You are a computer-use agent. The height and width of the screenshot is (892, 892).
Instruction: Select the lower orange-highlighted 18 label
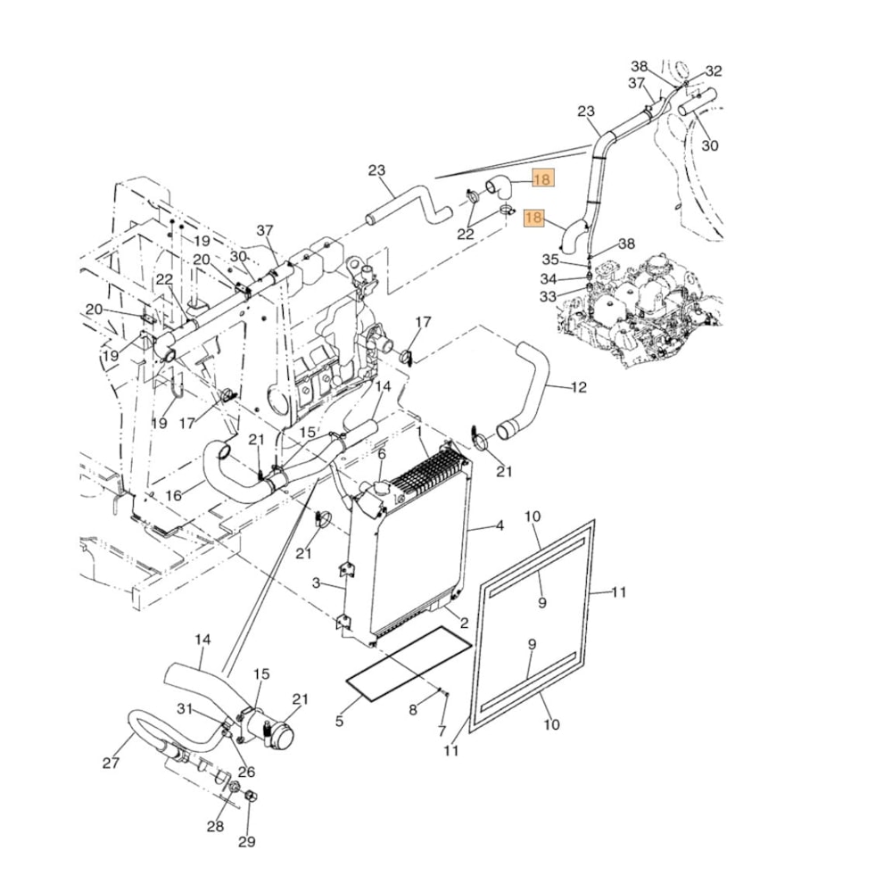tap(534, 218)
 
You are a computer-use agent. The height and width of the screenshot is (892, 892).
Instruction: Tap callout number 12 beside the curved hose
tap(579, 387)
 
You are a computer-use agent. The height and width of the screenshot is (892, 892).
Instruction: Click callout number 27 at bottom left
tap(111, 763)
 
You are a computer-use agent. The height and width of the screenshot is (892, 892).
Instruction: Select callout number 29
tap(246, 841)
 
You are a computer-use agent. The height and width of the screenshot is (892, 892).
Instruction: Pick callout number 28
tap(215, 826)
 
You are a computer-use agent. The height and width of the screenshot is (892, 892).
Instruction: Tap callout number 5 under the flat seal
tap(339, 721)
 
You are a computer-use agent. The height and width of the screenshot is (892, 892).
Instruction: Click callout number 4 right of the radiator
tap(500, 526)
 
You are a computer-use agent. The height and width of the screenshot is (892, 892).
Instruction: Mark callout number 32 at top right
tap(714, 71)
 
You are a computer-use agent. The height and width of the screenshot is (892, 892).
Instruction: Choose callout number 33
tap(548, 296)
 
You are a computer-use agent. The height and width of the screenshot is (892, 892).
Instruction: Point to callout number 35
tap(551, 260)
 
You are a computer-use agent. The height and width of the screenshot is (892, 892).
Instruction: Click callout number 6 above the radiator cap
tap(381, 454)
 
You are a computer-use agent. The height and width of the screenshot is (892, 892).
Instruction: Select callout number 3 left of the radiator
tap(316, 582)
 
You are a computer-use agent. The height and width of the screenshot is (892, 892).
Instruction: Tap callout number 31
tap(184, 709)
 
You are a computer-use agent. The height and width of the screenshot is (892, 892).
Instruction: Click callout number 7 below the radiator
tap(442, 731)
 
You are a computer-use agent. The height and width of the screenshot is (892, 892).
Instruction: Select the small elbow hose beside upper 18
tap(499, 186)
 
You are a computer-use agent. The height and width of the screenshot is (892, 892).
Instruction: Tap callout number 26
tap(245, 772)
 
